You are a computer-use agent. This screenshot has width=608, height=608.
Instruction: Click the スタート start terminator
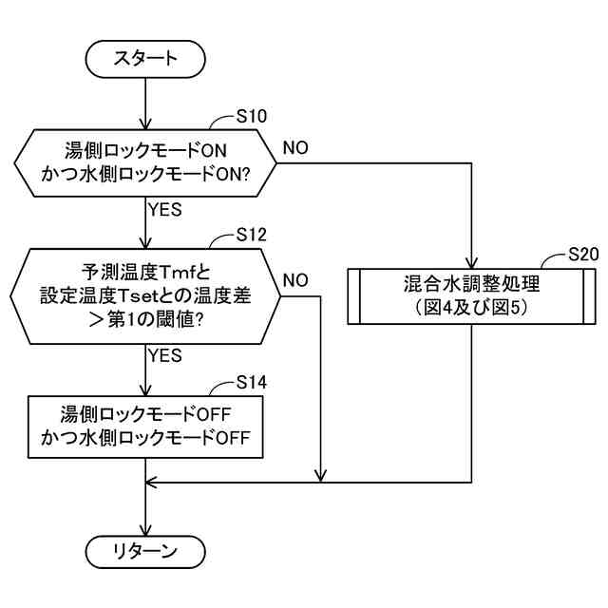pyautogui.click(x=145, y=59)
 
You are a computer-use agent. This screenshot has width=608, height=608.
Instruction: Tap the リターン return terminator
pyautogui.click(x=145, y=552)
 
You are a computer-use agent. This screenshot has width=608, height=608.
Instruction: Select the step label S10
pyautogui.click(x=252, y=116)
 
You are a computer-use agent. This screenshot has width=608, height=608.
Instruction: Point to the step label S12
pyautogui.click(x=252, y=235)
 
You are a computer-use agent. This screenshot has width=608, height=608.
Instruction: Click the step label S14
pyautogui.click(x=252, y=382)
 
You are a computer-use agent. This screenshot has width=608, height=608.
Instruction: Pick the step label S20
pyautogui.click(x=583, y=255)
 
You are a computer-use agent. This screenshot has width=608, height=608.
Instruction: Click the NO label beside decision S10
pyautogui.click(x=295, y=148)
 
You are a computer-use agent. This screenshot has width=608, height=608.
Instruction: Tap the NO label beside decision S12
pyautogui.click(x=295, y=280)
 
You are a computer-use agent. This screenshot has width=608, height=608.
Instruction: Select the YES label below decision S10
pyautogui.click(x=165, y=210)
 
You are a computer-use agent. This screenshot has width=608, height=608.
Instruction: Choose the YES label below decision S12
pyautogui.click(x=165, y=355)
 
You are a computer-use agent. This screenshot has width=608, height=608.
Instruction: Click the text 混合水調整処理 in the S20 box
pyautogui.click(x=471, y=284)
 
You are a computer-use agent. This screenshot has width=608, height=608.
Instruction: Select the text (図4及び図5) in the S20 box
pyautogui.click(x=471, y=308)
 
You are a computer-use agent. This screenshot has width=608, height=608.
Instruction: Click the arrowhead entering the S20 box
pyautogui.click(x=471, y=263)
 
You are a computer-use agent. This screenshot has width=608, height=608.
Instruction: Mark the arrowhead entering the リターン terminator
pyautogui.click(x=145, y=530)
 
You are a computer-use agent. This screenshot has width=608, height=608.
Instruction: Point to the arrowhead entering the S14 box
pyautogui.click(x=145, y=389)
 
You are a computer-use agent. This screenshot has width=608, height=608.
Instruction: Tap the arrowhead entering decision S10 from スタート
pyautogui.click(x=145, y=123)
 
